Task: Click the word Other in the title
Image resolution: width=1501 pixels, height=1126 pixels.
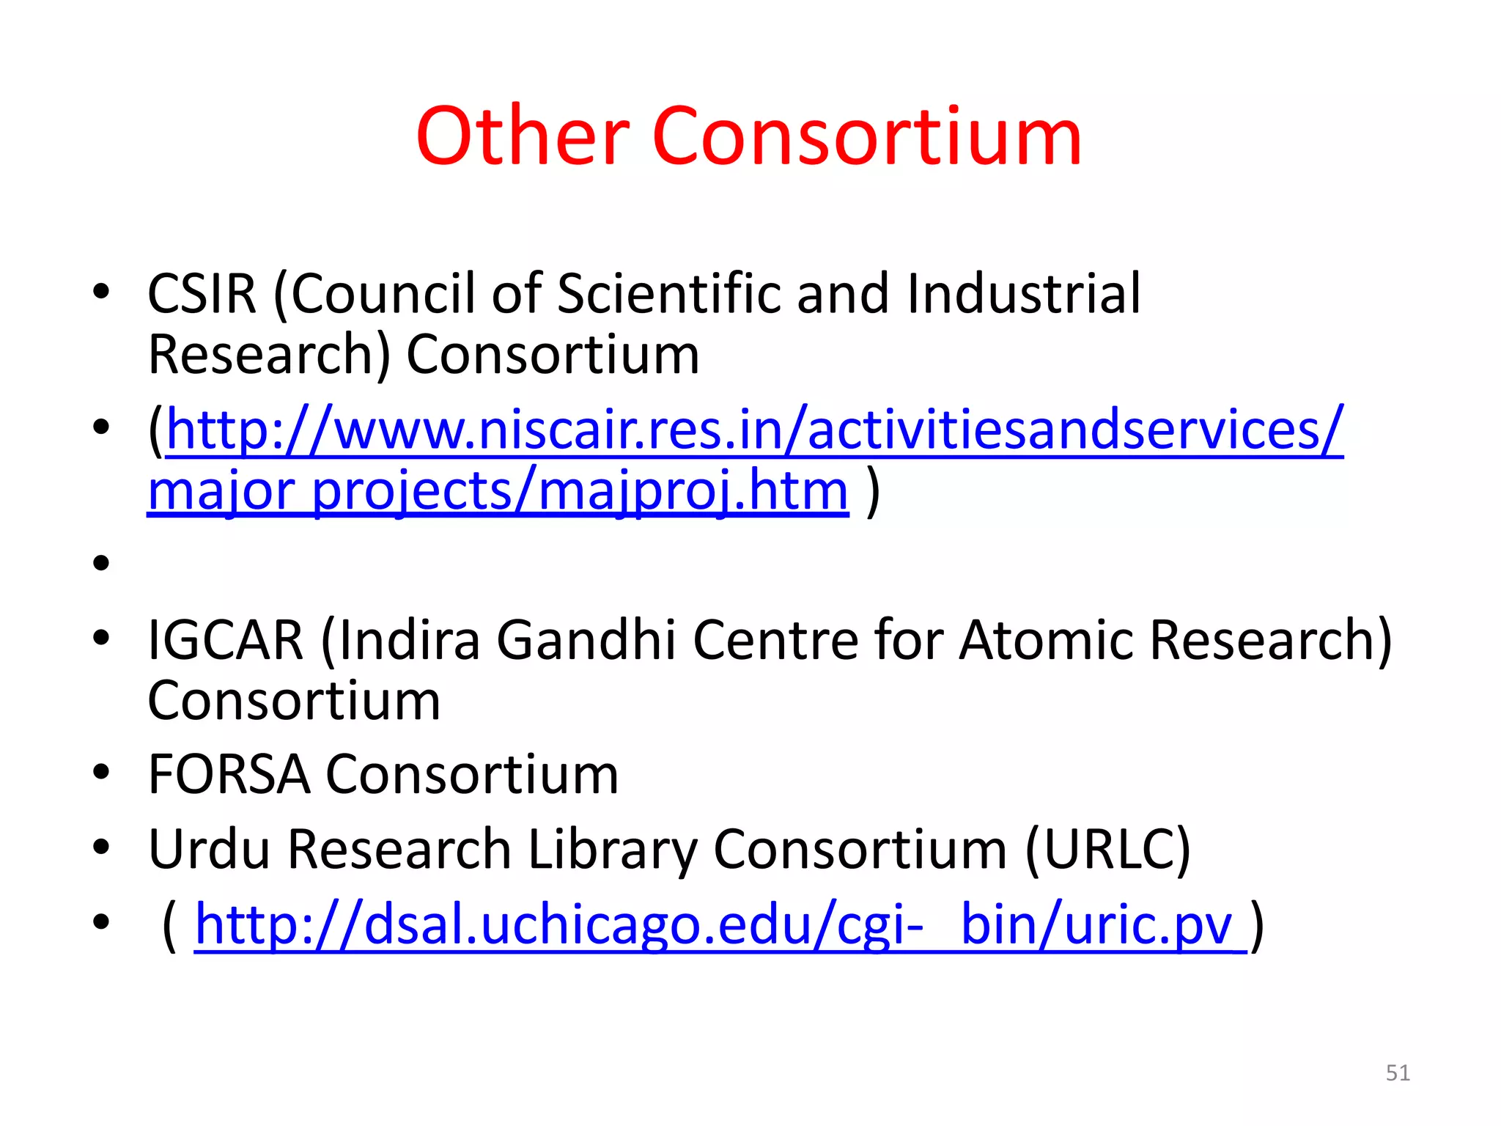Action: tap(523, 137)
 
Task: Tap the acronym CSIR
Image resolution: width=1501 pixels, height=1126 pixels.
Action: tap(202, 294)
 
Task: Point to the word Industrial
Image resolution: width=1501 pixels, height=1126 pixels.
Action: tap(1024, 294)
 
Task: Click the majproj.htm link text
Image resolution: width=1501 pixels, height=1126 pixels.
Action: tap(693, 491)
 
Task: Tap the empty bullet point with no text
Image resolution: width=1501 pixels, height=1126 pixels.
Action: tap(101, 563)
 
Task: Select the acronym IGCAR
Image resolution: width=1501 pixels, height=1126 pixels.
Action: tap(226, 640)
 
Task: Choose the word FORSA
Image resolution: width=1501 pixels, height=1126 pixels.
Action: tap(229, 774)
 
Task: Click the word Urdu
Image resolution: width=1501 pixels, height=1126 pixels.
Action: tap(209, 850)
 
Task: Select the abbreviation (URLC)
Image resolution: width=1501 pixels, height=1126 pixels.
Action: tap(1108, 850)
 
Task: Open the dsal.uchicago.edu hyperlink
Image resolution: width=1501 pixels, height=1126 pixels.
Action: tap(718, 925)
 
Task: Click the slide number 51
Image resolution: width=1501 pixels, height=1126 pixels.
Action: tap(1398, 1073)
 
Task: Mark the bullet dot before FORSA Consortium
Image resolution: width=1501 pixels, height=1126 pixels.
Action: tap(101, 772)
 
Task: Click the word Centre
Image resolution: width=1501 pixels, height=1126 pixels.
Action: tap(777, 640)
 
